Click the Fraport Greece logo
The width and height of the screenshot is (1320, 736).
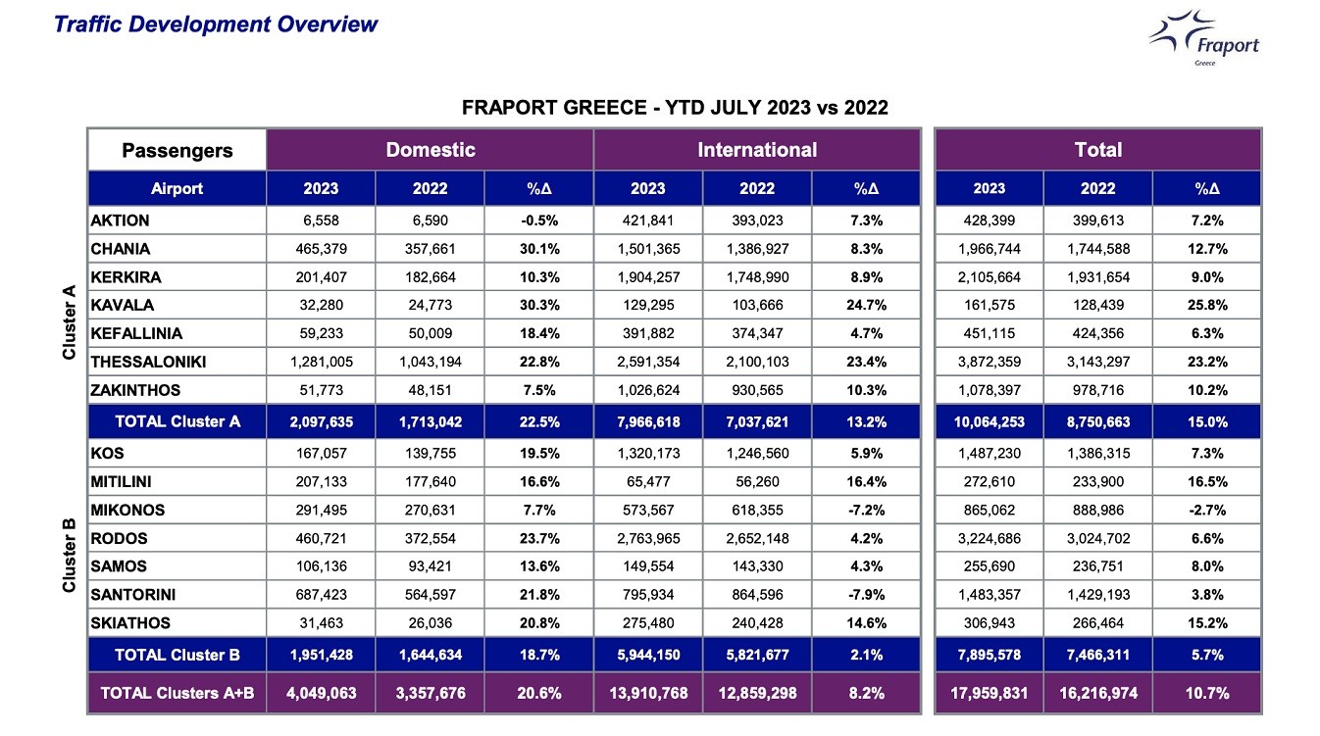pyautogui.click(x=1204, y=37)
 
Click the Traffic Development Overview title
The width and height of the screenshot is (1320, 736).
pyautogui.click(x=216, y=25)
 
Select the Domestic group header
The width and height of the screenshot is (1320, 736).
pyautogui.click(x=431, y=150)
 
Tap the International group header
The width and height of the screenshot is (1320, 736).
pyautogui.click(x=757, y=150)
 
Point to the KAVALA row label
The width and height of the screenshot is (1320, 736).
pyautogui.click(x=122, y=305)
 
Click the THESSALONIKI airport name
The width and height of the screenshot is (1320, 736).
pyautogui.click(x=148, y=362)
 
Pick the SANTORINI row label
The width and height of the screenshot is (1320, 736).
pyautogui.click(x=133, y=595)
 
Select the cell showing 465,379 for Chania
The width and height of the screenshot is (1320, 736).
pyautogui.click(x=321, y=249)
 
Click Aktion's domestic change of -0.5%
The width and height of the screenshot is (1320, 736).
pyautogui.click(x=539, y=221)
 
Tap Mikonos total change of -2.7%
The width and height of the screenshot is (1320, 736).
pyautogui.click(x=1207, y=510)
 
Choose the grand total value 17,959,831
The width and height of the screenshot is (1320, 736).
pyautogui.click(x=989, y=693)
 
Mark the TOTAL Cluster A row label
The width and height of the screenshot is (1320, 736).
pyautogui.click(x=178, y=421)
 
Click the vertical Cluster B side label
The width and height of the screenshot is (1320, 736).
pyautogui.click(x=69, y=556)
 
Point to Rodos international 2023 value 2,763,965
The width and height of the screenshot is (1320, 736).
pyautogui.click(x=648, y=538)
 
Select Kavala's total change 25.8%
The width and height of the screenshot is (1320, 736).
pyautogui.click(x=1207, y=305)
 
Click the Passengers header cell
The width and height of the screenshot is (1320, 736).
pyautogui.click(x=177, y=150)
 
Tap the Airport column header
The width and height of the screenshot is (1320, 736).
pyautogui.click(x=177, y=188)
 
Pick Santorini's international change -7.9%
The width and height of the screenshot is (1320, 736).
pyautogui.click(x=866, y=595)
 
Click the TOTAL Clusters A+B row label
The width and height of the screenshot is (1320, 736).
pyautogui.click(x=178, y=693)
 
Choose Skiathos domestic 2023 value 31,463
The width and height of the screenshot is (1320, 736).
pyautogui.click(x=321, y=623)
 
